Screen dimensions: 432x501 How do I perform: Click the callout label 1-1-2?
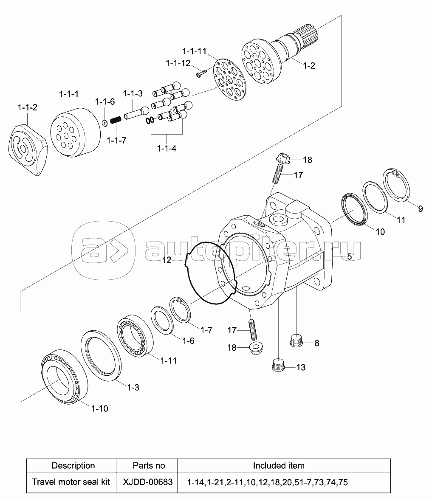click(28, 107)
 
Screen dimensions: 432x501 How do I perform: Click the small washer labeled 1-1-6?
click(104, 122)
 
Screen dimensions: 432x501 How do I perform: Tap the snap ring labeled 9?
click(396, 185)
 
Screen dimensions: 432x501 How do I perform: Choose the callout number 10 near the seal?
click(380, 232)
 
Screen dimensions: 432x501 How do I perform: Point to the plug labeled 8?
click(297, 341)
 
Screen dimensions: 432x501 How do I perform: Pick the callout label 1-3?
click(133, 388)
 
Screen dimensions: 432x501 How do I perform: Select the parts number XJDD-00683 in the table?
click(148, 482)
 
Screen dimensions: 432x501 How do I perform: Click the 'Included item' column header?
click(279, 465)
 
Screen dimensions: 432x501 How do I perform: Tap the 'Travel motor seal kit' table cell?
click(71, 482)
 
